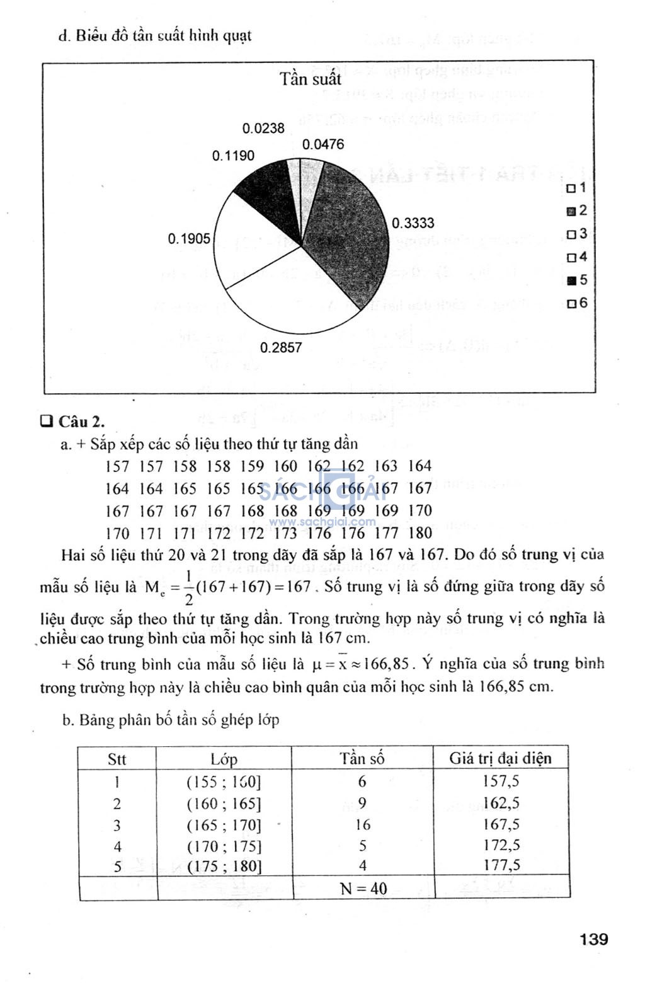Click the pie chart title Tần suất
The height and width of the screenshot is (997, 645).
[x=311, y=79]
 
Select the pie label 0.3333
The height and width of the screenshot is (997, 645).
[x=413, y=223]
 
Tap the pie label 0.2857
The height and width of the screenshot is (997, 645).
[x=281, y=348]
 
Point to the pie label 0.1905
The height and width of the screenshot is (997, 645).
[x=189, y=239]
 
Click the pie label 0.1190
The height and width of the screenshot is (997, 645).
[x=233, y=156]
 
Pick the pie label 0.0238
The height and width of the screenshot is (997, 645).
[x=263, y=129]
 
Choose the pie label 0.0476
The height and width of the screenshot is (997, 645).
[x=323, y=145]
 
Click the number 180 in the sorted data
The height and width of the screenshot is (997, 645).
[x=420, y=533]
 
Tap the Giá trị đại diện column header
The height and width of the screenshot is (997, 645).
[x=500, y=758]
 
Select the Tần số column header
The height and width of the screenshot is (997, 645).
[x=362, y=758]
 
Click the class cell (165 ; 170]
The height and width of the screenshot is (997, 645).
[x=224, y=825]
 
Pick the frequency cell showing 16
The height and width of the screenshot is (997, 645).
[x=363, y=824]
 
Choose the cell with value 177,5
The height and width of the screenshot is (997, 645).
[x=501, y=865]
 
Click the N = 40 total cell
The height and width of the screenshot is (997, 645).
[x=363, y=889]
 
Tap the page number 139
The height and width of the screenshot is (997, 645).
[x=593, y=940]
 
